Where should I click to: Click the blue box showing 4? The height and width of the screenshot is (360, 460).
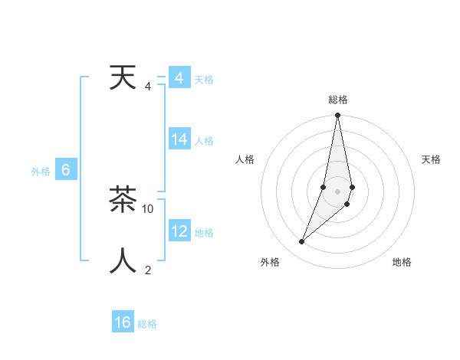[179, 78]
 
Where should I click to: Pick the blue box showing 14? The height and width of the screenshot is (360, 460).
[179, 139]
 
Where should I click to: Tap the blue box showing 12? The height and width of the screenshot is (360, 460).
[179, 231]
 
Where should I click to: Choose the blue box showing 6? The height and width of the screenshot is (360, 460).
[66, 170]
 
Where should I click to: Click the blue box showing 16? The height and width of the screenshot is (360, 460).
[123, 322]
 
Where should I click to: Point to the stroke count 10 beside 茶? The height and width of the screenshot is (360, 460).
[148, 208]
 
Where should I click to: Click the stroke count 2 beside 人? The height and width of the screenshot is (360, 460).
[148, 270]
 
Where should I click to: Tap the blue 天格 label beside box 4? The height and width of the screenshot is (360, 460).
[204, 80]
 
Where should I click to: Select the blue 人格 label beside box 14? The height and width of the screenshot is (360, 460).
[204, 141]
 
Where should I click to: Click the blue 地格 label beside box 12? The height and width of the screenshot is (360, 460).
[204, 233]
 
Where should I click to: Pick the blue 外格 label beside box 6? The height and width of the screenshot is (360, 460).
[41, 172]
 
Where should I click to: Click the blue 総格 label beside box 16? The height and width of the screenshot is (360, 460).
[147, 324]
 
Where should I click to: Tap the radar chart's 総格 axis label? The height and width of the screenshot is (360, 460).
[338, 100]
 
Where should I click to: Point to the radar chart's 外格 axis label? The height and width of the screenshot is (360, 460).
[270, 262]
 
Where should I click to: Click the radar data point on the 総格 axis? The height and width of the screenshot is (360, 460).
[338, 116]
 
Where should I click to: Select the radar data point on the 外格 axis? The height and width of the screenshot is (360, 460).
[302, 242]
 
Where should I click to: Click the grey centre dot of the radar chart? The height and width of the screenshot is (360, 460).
[338, 191]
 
